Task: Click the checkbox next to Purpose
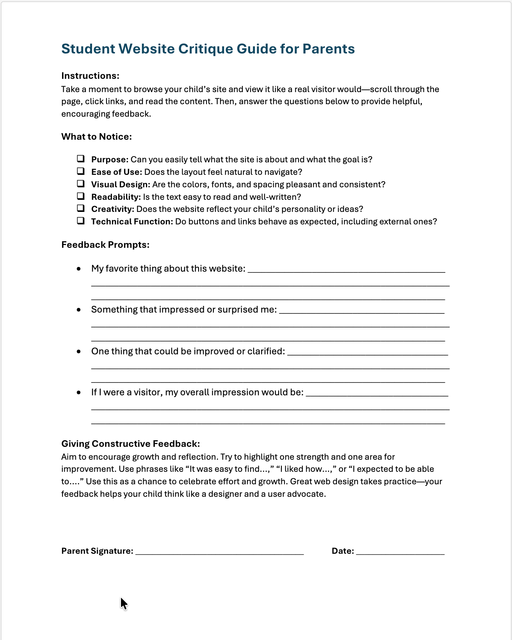tap(81, 159)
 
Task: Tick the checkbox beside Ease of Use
tap(81, 171)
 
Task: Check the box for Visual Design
tap(81, 184)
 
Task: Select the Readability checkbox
tap(81, 196)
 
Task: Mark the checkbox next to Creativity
tap(81, 208)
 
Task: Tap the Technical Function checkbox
tap(81, 221)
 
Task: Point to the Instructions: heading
tap(90, 76)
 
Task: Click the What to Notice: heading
tap(96, 137)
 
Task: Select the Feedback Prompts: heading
tap(105, 245)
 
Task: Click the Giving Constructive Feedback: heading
tap(130, 444)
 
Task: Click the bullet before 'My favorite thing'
tap(79, 269)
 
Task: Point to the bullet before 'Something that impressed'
tap(79, 310)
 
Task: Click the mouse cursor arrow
tap(123, 603)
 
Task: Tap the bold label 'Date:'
tap(343, 551)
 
